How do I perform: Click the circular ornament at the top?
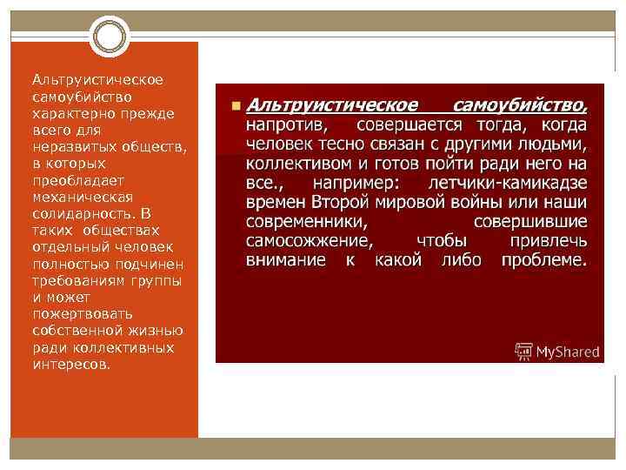(110, 36)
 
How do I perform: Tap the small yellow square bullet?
(235, 105)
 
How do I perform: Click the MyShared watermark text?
(568, 352)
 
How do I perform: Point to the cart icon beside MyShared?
(524, 352)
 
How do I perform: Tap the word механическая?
(71, 197)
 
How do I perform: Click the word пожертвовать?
(77, 313)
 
